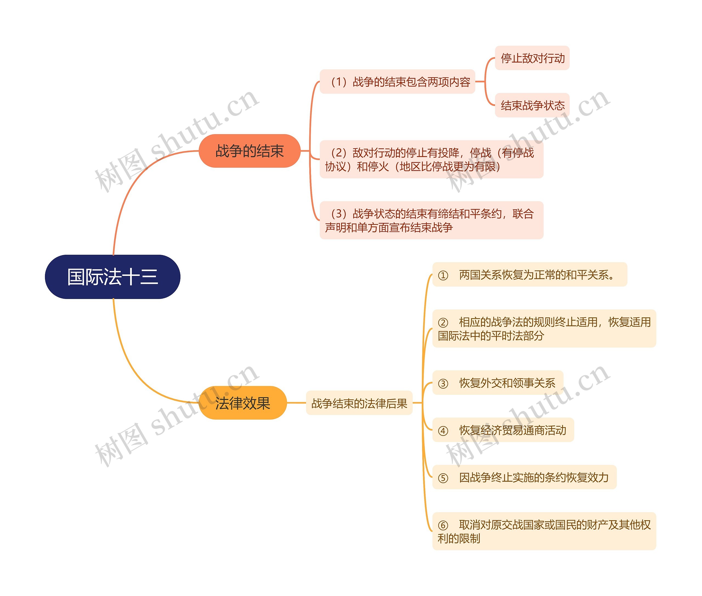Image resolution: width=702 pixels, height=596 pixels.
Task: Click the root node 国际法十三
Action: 112,277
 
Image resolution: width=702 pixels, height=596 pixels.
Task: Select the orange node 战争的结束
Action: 250,151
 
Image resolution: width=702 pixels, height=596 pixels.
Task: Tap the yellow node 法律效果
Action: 243,403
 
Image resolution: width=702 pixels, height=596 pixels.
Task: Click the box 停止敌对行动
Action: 532,58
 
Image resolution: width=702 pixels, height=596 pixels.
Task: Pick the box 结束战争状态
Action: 532,105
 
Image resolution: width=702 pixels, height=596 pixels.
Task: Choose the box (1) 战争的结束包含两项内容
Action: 397,82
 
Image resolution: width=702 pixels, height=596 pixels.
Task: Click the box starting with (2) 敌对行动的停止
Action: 431,159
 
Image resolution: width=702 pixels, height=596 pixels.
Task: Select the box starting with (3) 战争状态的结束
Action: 431,220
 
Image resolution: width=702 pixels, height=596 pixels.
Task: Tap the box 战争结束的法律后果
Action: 359,403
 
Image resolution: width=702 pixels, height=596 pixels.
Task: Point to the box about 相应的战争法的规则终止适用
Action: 544,328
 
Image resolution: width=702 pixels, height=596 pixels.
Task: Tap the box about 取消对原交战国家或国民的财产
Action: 544,531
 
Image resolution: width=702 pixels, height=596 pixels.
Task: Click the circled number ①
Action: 443,275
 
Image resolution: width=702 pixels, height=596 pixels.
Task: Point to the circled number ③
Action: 443,384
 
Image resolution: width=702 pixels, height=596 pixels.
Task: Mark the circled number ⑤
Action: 443,478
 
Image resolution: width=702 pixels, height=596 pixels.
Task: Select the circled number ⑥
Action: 443,525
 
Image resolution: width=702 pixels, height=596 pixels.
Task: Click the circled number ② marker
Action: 443,323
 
